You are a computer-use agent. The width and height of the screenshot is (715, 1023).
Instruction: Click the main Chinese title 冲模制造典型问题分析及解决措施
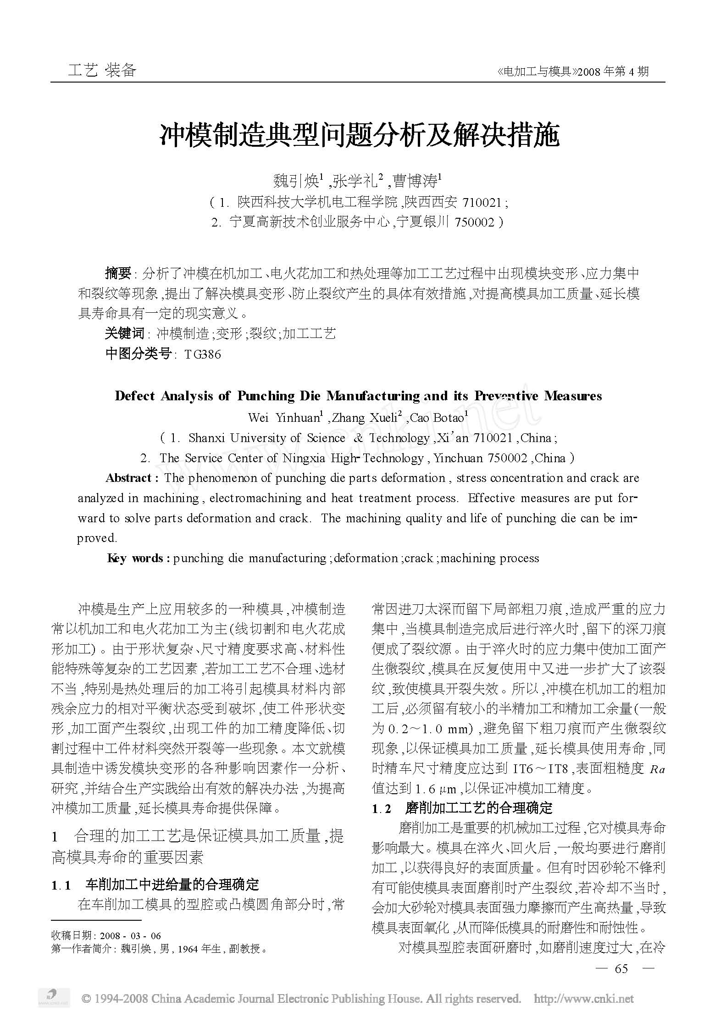[360, 135]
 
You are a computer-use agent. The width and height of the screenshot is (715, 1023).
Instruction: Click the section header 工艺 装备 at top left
[102, 70]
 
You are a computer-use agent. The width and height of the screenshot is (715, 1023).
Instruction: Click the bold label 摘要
[118, 274]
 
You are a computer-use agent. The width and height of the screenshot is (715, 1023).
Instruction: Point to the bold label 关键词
[124, 333]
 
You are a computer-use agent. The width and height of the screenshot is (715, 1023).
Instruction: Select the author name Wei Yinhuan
[284, 418]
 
